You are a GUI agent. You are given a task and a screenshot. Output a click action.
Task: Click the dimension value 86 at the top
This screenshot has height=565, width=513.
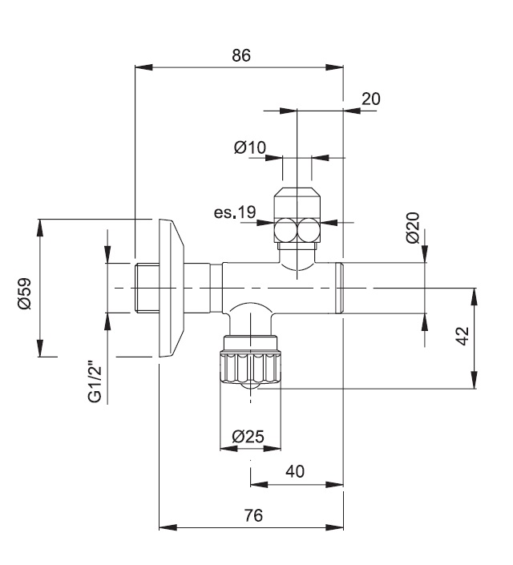(x=241, y=56)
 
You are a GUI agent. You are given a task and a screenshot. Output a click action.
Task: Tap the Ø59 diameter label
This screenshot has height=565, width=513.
(x=24, y=294)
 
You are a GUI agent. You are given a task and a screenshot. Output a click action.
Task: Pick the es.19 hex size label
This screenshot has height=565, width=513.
(x=234, y=212)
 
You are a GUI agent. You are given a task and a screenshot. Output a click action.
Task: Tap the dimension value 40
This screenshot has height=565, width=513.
(x=294, y=471)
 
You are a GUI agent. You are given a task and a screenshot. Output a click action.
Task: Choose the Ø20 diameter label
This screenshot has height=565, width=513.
(x=413, y=228)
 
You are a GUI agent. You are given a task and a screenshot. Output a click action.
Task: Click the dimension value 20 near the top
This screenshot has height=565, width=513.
(x=370, y=99)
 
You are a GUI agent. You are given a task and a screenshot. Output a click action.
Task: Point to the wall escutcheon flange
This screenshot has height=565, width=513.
(x=172, y=289)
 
